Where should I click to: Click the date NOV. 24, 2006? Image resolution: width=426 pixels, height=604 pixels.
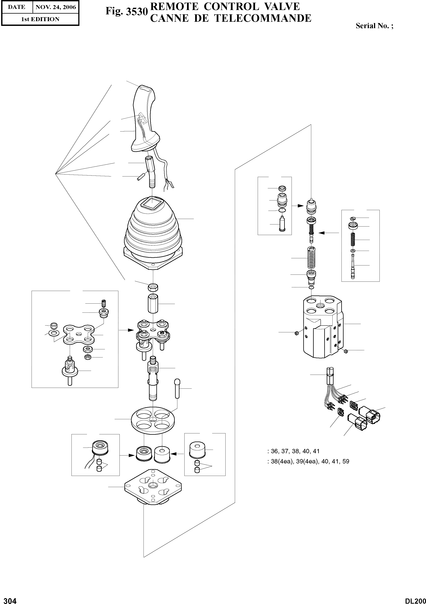pos(56,7)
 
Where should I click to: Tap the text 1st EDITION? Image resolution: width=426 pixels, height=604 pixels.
pos(40,19)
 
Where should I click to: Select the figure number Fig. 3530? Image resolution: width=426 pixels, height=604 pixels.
pos(126,12)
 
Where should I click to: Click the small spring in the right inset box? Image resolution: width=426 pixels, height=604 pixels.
pos(353,240)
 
